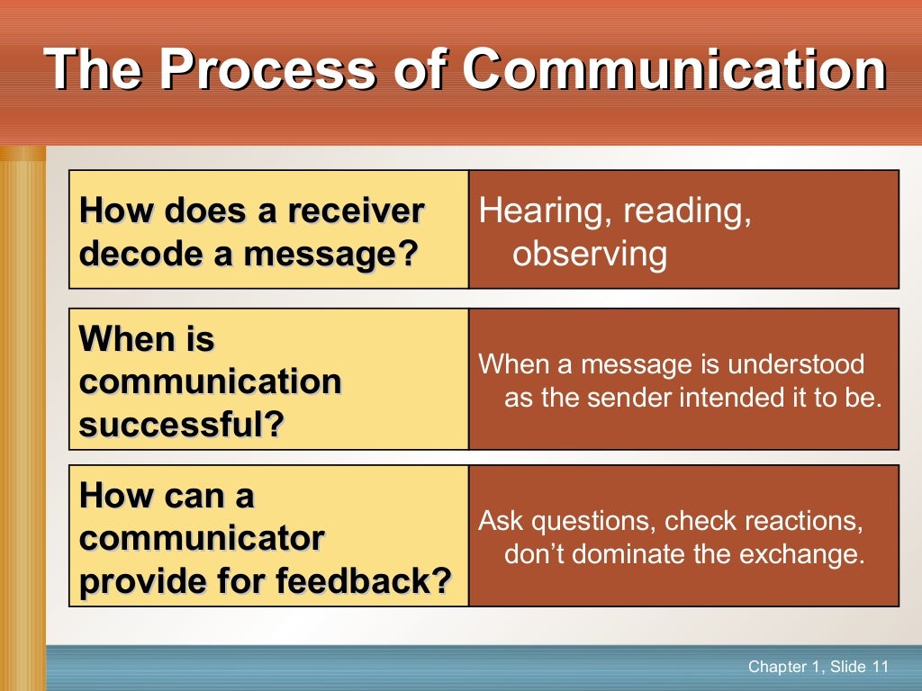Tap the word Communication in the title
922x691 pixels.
pos(676,69)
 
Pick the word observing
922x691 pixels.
pos(590,255)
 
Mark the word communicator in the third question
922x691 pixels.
pos(203,539)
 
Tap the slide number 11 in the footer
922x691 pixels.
pos(879,667)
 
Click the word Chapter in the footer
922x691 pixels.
pos(776,667)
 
